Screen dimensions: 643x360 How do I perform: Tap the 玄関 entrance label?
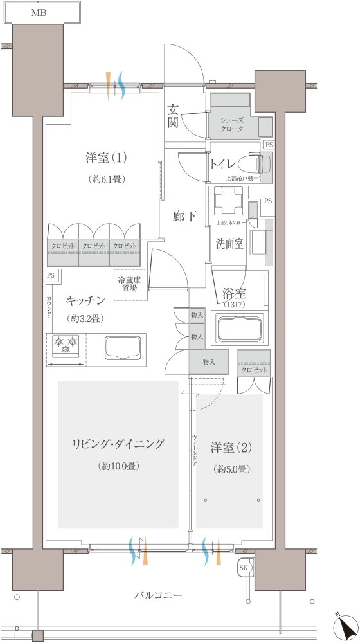click(x=173, y=116)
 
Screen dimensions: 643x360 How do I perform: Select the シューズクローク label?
click(x=231, y=124)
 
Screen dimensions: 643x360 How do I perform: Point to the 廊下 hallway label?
click(x=185, y=217)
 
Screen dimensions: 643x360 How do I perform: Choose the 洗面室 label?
click(x=229, y=244)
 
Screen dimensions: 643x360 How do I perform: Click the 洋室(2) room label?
click(x=230, y=447)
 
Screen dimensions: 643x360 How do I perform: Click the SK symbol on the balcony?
click(x=244, y=569)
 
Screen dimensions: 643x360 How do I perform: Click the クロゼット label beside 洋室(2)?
click(x=253, y=371)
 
